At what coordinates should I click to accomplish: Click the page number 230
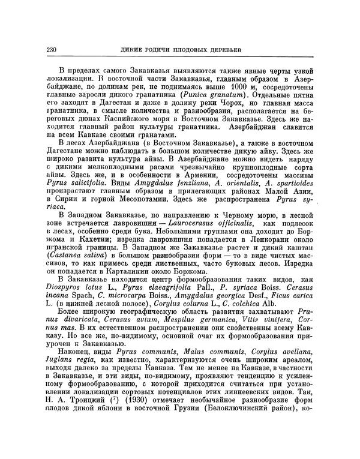50,49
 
